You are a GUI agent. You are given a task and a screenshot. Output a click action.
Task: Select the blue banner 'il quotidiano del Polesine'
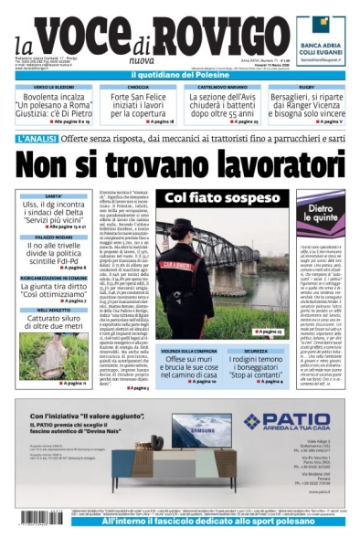180,74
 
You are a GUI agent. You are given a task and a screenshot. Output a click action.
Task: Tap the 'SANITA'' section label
54,196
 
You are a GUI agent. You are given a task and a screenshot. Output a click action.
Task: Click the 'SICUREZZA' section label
256,351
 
